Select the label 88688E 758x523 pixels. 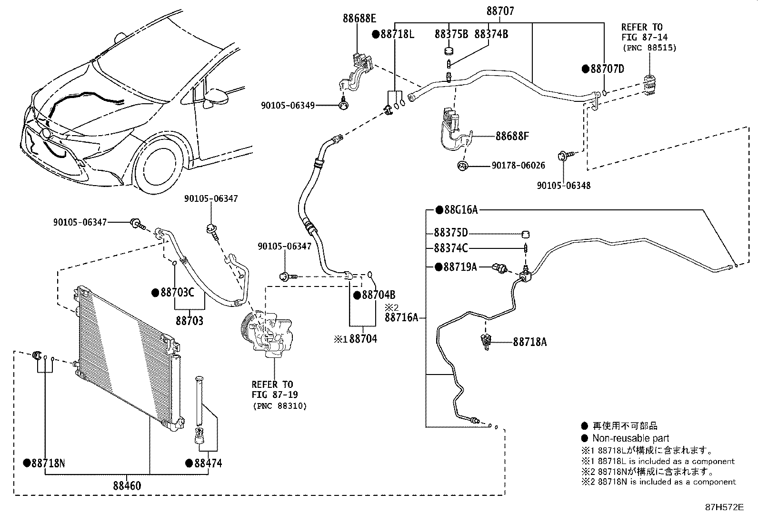(359, 19)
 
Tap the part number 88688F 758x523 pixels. (512, 136)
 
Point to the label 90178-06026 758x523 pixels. (518, 166)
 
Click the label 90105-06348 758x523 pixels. (563, 186)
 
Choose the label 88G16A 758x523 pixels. (460, 210)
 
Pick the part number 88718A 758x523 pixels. (529, 342)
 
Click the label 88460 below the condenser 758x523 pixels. (127, 486)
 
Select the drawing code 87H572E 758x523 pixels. (724, 507)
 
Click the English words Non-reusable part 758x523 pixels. (630, 438)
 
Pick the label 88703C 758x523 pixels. (177, 293)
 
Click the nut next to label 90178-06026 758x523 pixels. (462, 166)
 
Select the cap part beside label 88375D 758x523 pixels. (526, 233)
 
